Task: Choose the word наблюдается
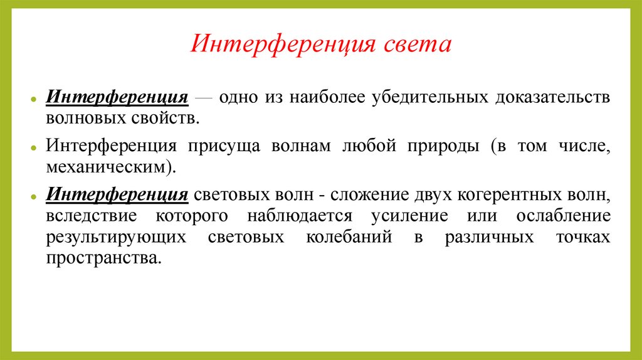[300, 216]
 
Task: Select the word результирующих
[116, 238]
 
